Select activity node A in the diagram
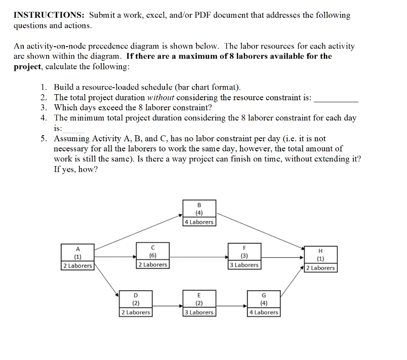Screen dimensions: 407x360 click(x=77, y=257)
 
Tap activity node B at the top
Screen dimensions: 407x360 click(x=199, y=213)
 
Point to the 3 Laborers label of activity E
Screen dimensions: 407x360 click(x=199, y=312)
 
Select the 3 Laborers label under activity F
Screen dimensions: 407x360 click(x=244, y=265)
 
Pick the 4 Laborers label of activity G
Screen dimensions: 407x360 click(x=263, y=312)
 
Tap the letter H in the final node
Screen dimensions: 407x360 click(x=320, y=251)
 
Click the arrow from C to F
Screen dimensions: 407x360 click(x=198, y=257)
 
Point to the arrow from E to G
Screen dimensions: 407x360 click(x=231, y=305)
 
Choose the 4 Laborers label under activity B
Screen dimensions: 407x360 click(x=199, y=222)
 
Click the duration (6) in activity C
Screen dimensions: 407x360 click(x=152, y=256)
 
